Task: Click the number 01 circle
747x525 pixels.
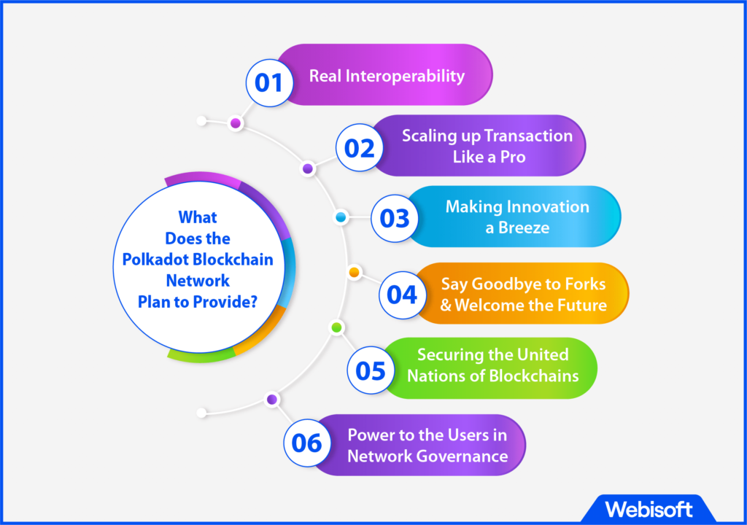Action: (x=269, y=83)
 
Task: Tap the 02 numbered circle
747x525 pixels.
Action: (x=359, y=148)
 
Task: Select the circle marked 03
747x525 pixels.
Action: (x=395, y=218)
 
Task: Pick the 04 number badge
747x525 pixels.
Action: (x=402, y=295)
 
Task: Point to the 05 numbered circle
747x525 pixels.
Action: (x=370, y=370)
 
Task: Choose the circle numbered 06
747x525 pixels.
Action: (x=307, y=443)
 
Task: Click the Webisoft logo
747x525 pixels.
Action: (x=649, y=509)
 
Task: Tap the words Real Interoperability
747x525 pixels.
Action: (x=387, y=76)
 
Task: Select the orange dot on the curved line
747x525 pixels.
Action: (x=354, y=272)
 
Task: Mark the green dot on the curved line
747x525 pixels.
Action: (x=336, y=327)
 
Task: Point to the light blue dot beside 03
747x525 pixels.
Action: (x=341, y=217)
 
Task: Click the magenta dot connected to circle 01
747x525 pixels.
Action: (x=236, y=123)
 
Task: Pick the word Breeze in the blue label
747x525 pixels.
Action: (x=524, y=227)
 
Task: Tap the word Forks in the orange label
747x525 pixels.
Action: (x=585, y=284)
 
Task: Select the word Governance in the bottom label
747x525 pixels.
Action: (x=462, y=456)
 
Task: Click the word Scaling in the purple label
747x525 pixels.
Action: (x=429, y=136)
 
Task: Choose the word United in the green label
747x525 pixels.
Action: (x=543, y=355)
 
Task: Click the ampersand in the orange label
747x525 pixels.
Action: (x=446, y=306)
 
